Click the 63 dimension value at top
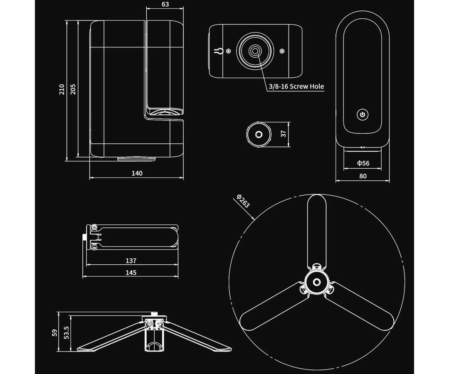click(165, 4)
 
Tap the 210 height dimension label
click(62, 90)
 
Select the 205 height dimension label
click(73, 89)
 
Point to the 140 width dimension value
click(137, 173)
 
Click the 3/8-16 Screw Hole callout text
click(296, 86)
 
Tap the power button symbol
click(363, 115)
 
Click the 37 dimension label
click(283, 134)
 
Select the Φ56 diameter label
click(363, 163)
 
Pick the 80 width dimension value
click(363, 176)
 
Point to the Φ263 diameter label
click(243, 201)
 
